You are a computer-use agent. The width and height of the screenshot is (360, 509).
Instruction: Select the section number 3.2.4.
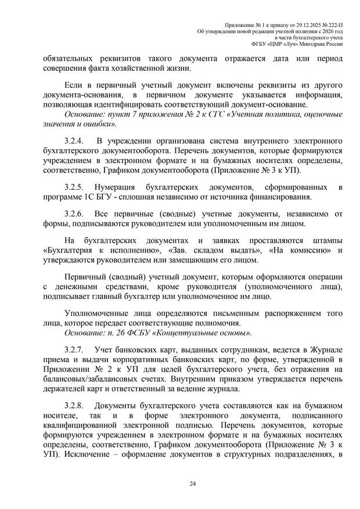coord(74,141)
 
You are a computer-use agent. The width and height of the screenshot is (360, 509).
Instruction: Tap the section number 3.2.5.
coord(74,187)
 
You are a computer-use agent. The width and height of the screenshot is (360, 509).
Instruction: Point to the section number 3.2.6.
coord(74,213)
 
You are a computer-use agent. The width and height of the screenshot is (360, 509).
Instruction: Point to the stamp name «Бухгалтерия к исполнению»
coord(96,250)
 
